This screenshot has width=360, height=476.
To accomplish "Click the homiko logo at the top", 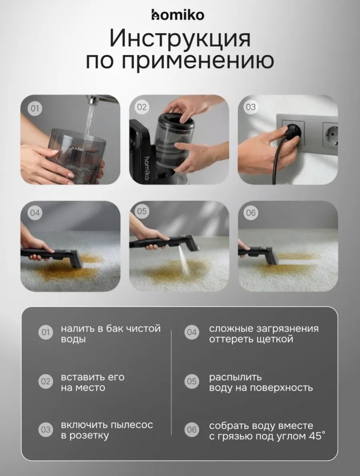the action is (x=178, y=15).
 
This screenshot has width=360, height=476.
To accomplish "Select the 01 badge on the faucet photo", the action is (x=35, y=108).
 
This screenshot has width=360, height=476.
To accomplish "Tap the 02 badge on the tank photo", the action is (x=142, y=107).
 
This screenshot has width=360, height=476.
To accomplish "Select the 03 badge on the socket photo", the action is (x=251, y=107).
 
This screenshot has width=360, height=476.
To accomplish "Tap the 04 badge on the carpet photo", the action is (x=35, y=213).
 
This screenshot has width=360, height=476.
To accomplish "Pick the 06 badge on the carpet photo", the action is (x=251, y=213).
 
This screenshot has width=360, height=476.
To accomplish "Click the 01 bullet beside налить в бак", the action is (x=46, y=332).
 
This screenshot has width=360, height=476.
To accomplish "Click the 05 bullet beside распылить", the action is (x=192, y=381).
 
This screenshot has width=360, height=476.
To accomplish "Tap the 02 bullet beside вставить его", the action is (x=46, y=381).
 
